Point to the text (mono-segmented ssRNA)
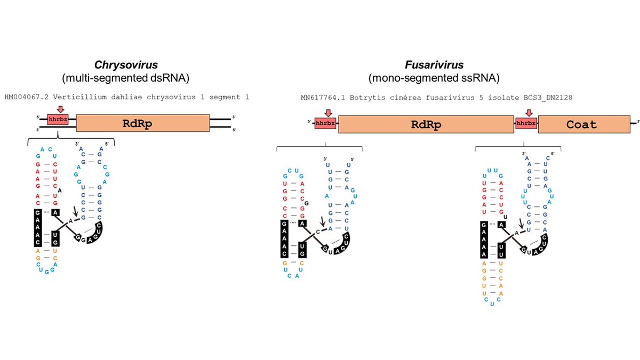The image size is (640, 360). pos(434,78)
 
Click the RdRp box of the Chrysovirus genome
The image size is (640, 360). pos(143,124)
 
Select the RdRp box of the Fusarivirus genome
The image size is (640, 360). pos(425,124)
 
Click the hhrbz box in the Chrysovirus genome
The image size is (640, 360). pos(58,120)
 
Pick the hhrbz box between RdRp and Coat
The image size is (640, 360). pos(525,124)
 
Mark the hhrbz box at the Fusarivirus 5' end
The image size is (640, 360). pos(324,124)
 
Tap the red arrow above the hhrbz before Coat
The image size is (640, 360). pos(529,113)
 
